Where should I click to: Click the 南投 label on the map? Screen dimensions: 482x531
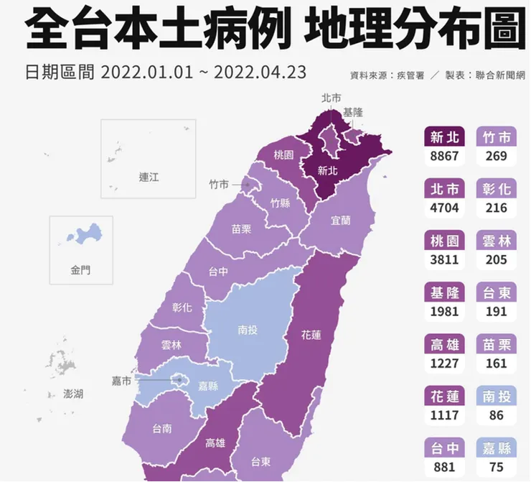click(249, 331)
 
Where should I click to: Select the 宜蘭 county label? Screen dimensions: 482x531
click(341, 221)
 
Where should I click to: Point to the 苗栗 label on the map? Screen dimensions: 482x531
click(241, 229)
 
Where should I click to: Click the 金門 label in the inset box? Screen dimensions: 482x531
click(81, 271)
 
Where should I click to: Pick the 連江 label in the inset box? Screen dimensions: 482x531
click(149, 177)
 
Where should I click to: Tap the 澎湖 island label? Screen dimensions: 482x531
click(73, 394)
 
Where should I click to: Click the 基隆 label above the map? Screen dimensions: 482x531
click(353, 113)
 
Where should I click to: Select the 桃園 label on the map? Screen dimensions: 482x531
click(283, 155)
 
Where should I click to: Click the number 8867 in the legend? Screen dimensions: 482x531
click(444, 157)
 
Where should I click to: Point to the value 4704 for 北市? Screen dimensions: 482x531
click(444, 208)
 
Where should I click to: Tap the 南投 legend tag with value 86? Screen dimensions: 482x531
click(496, 396)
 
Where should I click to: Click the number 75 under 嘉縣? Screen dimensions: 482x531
click(496, 467)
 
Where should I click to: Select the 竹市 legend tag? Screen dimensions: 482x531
click(496, 136)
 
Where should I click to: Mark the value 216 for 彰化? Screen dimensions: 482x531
click(496, 208)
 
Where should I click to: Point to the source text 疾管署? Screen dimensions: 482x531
click(410, 75)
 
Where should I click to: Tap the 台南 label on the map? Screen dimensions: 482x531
click(162, 429)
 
